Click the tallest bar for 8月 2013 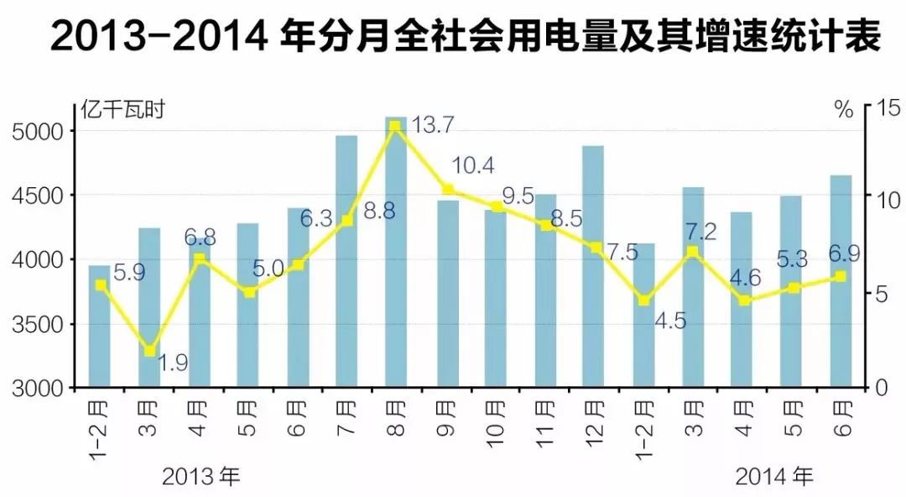(396, 252)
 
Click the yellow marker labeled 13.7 (395, 125)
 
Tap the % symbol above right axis (843, 107)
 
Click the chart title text (453, 39)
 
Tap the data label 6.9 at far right (841, 252)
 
